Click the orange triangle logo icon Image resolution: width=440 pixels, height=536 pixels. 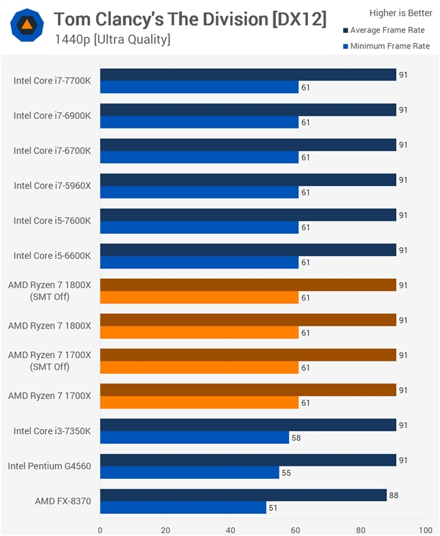pos(26,26)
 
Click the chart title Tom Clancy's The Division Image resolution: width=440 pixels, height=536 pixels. pos(190,19)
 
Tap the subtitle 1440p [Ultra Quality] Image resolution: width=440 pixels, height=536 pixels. pos(112,40)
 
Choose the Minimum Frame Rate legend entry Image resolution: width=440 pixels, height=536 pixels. pos(385,46)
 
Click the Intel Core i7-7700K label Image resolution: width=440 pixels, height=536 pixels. pos(52,81)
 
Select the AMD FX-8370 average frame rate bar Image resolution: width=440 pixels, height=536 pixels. pos(243,495)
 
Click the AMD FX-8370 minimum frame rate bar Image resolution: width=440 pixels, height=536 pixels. pos(183,507)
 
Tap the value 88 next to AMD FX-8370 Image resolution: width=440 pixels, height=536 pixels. pos(394,495)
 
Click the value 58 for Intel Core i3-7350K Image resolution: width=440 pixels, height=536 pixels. pos(297,438)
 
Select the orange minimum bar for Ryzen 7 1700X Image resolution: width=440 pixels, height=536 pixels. pos(199,403)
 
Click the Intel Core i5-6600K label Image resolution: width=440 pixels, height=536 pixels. pos(52,256)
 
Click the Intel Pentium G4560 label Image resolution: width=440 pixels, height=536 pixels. pos(50,466)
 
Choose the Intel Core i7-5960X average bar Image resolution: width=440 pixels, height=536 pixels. pos(248,180)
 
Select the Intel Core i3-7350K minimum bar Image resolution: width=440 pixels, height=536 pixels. pos(194,438)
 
